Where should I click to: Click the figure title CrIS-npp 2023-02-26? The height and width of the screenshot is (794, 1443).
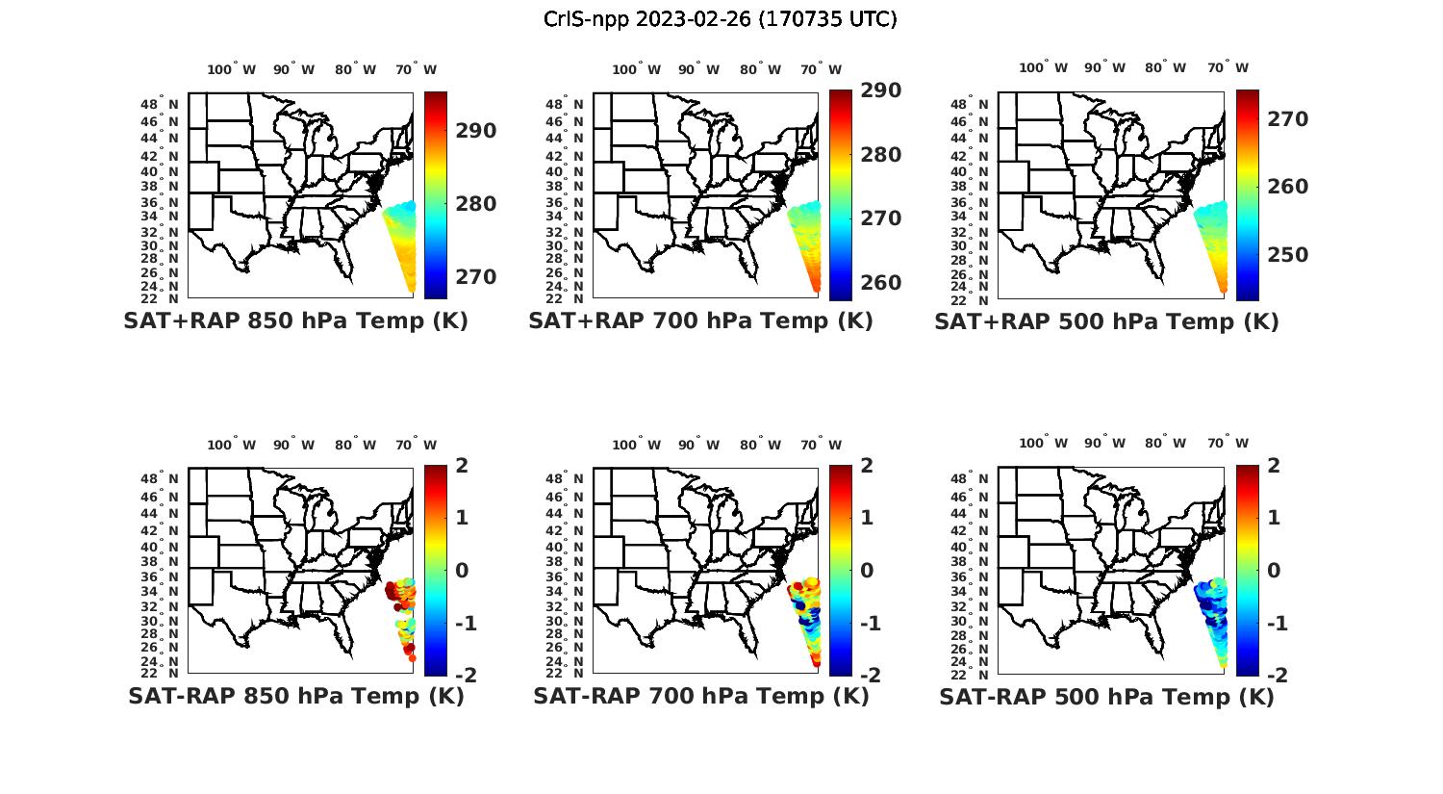[721, 19]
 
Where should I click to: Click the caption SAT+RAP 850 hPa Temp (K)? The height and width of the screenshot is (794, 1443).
[295, 321]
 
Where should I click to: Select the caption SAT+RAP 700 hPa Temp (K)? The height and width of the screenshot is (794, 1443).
[700, 321]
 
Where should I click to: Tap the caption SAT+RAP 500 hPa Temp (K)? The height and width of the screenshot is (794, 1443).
[1106, 321]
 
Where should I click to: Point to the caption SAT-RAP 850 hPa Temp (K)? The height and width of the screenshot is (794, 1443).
[295, 696]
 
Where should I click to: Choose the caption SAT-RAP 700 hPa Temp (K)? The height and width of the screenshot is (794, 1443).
[700, 696]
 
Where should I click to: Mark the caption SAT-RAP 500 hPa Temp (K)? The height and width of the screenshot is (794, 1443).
[1106, 696]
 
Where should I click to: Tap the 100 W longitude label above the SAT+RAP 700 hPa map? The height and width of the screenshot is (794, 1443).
[636, 69]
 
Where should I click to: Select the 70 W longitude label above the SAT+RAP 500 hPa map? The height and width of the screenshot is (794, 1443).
[1228, 68]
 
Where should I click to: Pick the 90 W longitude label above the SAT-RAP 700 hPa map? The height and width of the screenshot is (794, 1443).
[699, 445]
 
